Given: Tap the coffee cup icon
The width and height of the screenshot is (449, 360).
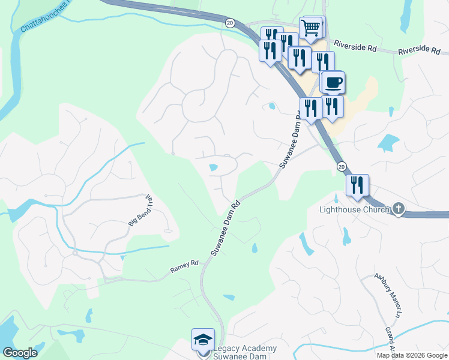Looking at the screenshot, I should tap(333, 82).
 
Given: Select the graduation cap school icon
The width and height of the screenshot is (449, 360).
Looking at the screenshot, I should tap(203, 340).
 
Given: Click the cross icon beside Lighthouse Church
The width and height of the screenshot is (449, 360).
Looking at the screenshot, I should tap(398, 209).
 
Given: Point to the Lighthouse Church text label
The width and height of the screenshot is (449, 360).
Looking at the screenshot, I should tap(354, 209).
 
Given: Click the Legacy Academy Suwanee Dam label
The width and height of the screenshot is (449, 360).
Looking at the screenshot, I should tap(246, 352).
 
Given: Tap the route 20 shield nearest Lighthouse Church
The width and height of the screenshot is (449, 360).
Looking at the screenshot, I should tap(342, 166).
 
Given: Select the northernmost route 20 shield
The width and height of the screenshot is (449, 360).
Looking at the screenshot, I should tap(230, 22).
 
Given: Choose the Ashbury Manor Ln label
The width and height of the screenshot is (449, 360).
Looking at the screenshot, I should tap(387, 296).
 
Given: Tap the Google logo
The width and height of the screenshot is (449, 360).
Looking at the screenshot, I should tap(20, 353).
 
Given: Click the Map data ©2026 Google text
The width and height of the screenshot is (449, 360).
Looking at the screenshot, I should tap(412, 355).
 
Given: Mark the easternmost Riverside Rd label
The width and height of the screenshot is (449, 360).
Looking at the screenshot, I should tap(420, 50).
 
